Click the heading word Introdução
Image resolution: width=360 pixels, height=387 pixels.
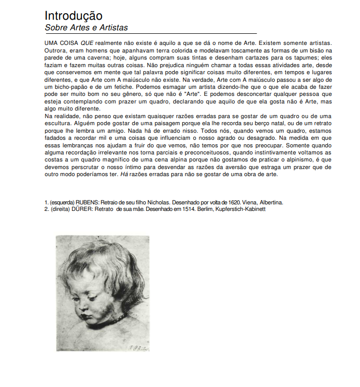74,16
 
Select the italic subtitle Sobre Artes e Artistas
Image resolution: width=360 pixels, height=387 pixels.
86,28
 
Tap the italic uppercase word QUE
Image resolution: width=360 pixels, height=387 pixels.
88,44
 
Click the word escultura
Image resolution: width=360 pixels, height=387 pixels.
57,124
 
